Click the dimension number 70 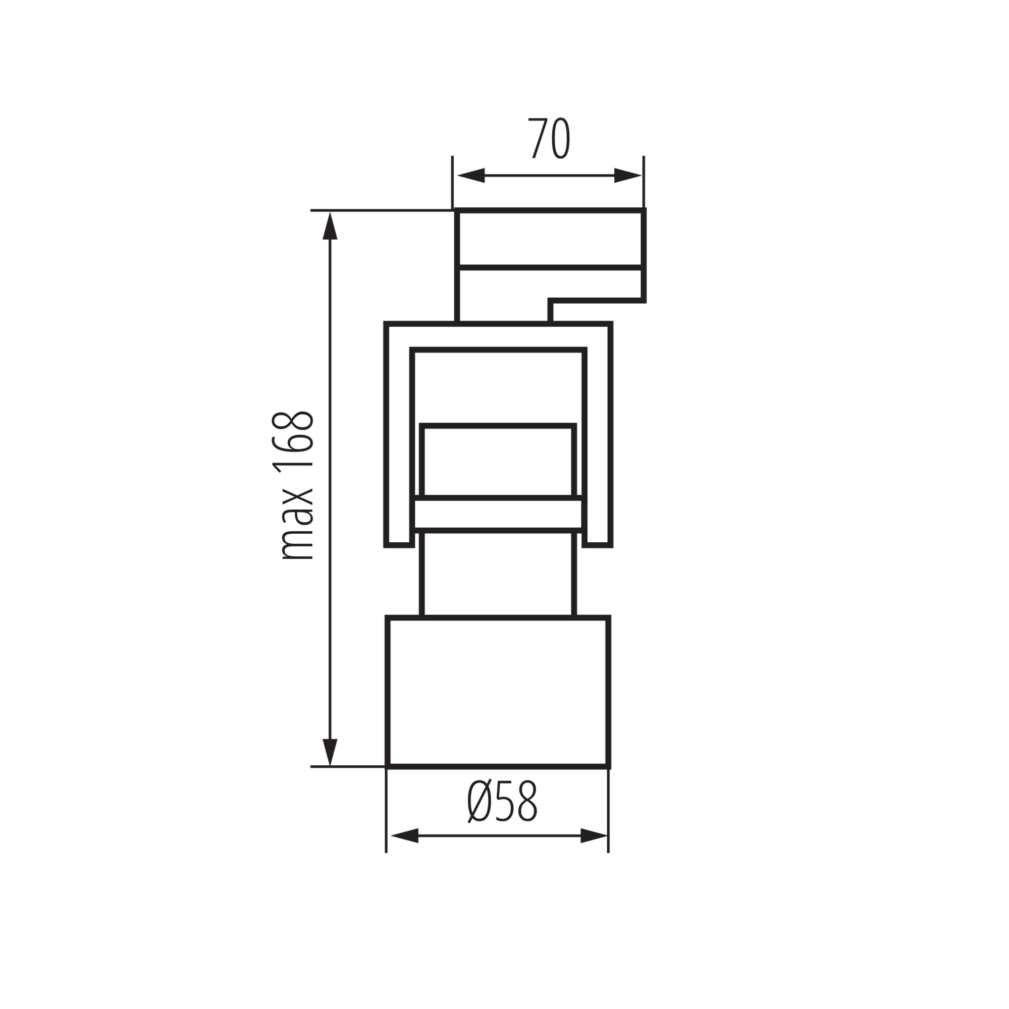tap(549, 139)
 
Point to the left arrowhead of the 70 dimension tap(471, 176)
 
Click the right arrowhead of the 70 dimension tap(627, 176)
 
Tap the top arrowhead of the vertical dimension tap(330, 226)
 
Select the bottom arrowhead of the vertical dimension tap(330, 753)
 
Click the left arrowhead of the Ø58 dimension tap(404, 835)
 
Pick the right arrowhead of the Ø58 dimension tap(594, 835)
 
